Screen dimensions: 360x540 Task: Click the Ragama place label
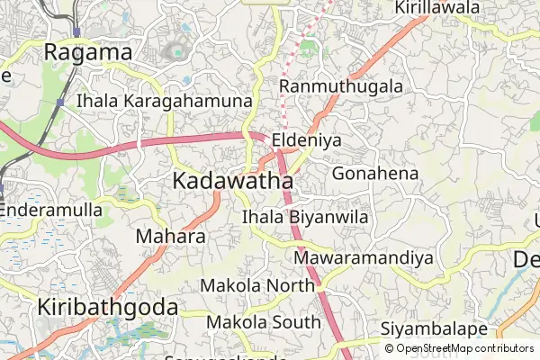pos(88,53)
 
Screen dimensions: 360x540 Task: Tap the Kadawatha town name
pos(231,181)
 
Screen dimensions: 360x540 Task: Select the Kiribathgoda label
pos(107,307)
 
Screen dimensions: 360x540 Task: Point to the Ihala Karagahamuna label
pos(164,101)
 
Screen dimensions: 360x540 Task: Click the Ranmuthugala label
pos(341,86)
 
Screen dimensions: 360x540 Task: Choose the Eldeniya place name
pos(310,140)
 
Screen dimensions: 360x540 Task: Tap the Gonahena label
pos(375,173)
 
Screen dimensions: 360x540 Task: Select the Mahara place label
pos(170,237)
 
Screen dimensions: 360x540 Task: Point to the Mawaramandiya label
pos(364,258)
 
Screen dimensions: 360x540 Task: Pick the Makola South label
pos(263,321)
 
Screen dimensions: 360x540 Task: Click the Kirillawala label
pos(436,8)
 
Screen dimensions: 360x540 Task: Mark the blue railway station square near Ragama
pos(76,31)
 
